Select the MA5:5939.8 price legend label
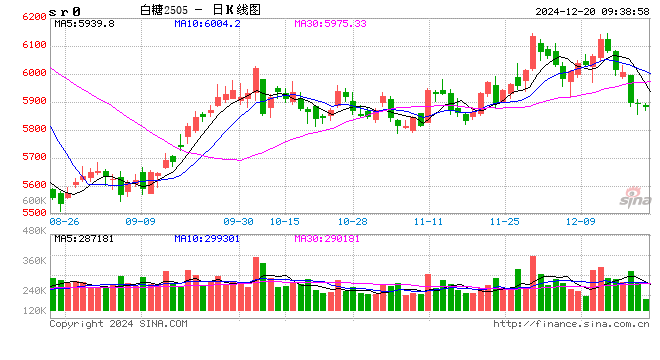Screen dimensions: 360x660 point(85,23)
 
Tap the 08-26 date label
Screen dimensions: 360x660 point(64,221)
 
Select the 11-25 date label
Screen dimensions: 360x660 point(504,221)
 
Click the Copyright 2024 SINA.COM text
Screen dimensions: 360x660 point(118,324)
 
